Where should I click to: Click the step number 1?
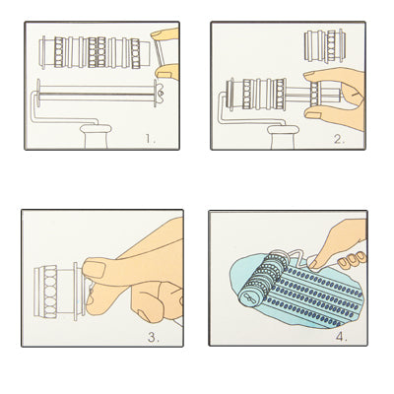click(150, 139)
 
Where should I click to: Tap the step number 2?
click(339, 139)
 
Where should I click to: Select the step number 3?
click(154, 337)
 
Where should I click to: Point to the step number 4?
click(341, 337)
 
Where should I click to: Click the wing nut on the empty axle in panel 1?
click(161, 93)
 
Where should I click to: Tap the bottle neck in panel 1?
click(96, 136)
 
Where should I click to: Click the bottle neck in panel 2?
click(283, 137)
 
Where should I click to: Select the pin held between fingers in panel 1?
click(159, 53)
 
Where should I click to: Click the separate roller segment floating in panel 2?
click(325, 46)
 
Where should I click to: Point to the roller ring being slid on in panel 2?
click(315, 94)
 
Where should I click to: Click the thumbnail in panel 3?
click(94, 269)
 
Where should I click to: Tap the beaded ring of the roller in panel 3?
click(50, 292)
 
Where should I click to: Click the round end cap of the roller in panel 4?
click(248, 297)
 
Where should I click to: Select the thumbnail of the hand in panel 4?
click(313, 264)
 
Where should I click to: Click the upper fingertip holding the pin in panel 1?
click(164, 33)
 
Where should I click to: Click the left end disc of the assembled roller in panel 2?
click(230, 94)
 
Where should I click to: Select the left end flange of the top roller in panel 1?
click(43, 52)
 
